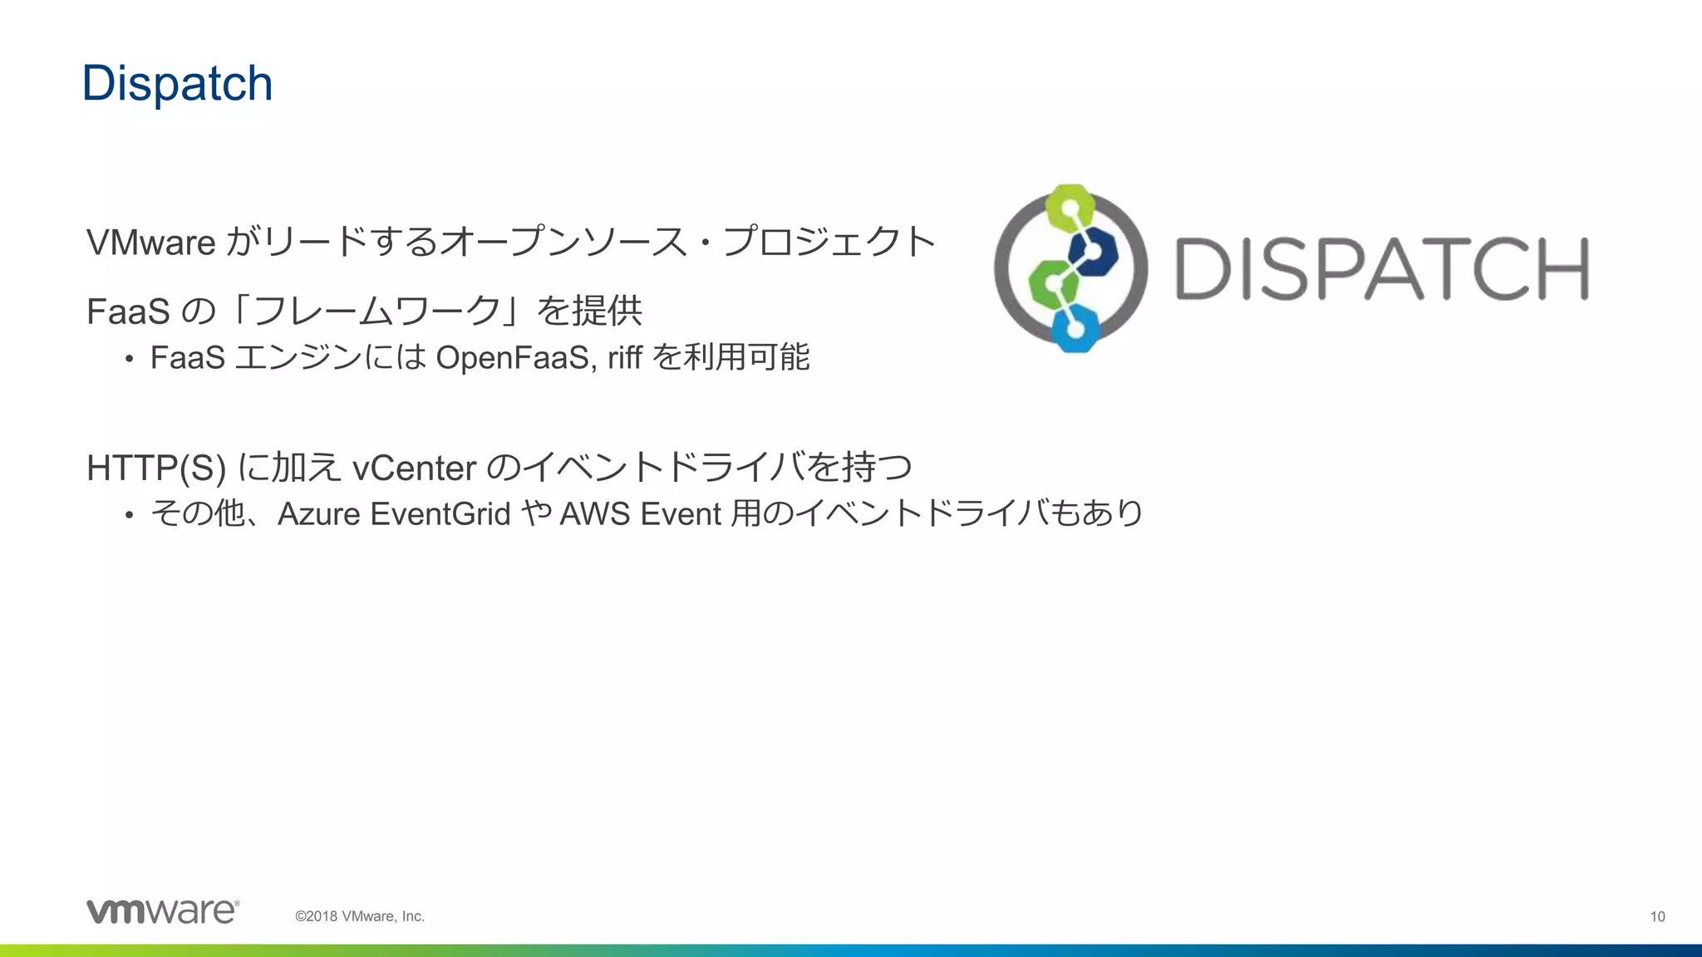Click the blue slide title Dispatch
[x=177, y=84]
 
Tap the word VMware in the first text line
[x=151, y=243]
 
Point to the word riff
[x=624, y=358]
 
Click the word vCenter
[x=414, y=468]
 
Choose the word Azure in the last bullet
[x=319, y=514]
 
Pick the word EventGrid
[x=440, y=514]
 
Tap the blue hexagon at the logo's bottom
[x=1075, y=327]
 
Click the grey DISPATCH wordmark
[x=1381, y=268]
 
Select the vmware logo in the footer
[x=163, y=911]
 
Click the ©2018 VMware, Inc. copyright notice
[x=360, y=916]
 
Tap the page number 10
[x=1657, y=916]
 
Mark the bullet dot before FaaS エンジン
[x=129, y=360]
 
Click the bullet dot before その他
[x=129, y=516]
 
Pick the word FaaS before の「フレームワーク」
[x=128, y=312]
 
